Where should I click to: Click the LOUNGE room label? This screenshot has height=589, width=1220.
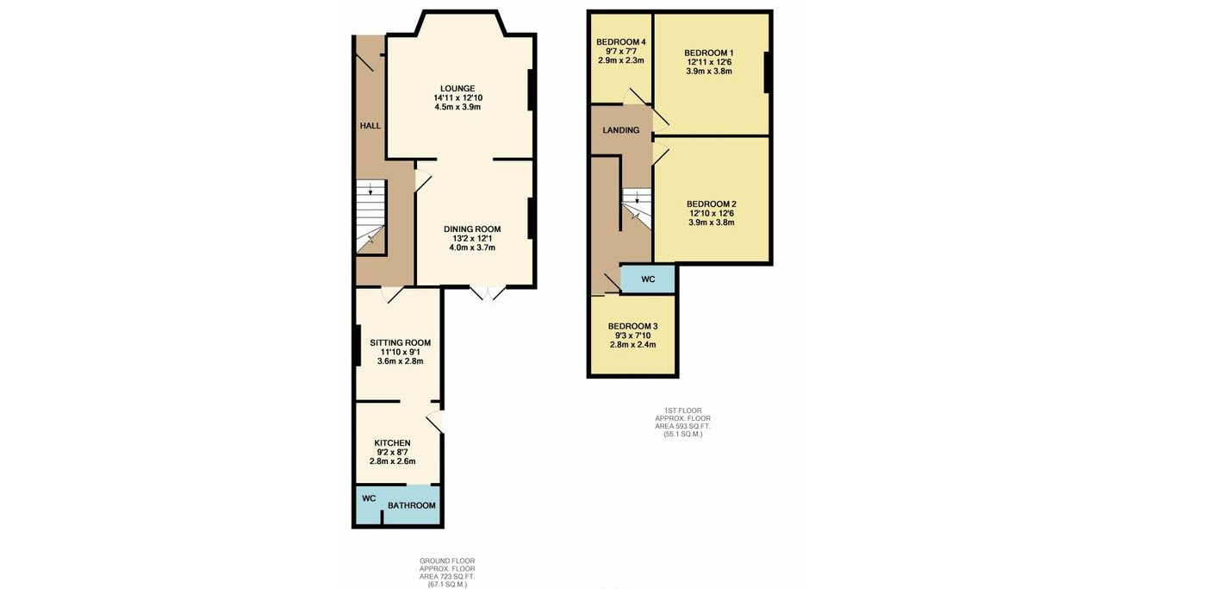pyautogui.click(x=457, y=88)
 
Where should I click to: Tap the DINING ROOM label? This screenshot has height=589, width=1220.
pyautogui.click(x=472, y=229)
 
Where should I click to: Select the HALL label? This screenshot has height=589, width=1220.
pyautogui.click(x=370, y=125)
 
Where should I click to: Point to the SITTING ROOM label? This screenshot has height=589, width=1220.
pyautogui.click(x=401, y=342)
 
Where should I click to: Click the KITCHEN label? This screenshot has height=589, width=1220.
pyautogui.click(x=392, y=443)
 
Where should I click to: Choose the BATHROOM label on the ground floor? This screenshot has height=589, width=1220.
pyautogui.click(x=412, y=505)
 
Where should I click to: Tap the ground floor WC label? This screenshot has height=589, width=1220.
pyautogui.click(x=370, y=498)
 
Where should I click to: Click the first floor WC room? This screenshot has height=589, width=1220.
pyautogui.click(x=648, y=279)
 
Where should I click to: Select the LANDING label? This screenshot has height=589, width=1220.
pyautogui.click(x=621, y=130)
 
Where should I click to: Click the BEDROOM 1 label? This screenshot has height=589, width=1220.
pyautogui.click(x=709, y=53)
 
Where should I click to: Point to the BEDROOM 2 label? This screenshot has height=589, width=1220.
pyautogui.click(x=712, y=204)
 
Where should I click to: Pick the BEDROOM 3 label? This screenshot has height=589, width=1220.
pyautogui.click(x=633, y=326)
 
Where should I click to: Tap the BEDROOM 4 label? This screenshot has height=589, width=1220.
pyautogui.click(x=621, y=42)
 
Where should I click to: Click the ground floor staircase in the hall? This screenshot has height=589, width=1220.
pyautogui.click(x=370, y=216)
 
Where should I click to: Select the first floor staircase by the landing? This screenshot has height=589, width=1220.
pyautogui.click(x=637, y=209)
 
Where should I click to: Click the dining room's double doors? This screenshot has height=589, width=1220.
pyautogui.click(x=488, y=293)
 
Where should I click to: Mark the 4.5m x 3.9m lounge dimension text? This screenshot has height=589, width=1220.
pyautogui.click(x=457, y=107)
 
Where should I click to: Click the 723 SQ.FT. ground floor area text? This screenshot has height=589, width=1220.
pyautogui.click(x=447, y=576)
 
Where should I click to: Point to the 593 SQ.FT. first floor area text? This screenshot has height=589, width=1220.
pyautogui.click(x=683, y=427)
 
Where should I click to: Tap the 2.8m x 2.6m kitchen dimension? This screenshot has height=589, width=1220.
pyautogui.click(x=392, y=461)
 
